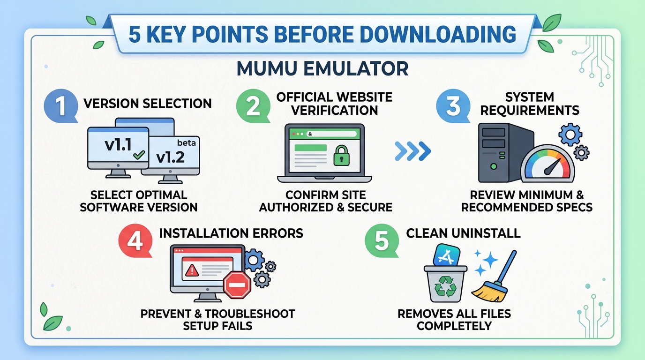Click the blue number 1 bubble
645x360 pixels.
(x=61, y=106)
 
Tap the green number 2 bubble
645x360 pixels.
(x=253, y=106)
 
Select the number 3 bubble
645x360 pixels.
(x=453, y=106)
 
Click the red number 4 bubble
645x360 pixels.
(x=135, y=241)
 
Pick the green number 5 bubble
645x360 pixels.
(x=382, y=241)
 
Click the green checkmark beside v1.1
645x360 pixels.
(x=139, y=155)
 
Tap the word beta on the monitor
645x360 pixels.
(x=186, y=142)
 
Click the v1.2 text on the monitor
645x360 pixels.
(x=170, y=157)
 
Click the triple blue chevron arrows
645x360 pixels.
(x=412, y=151)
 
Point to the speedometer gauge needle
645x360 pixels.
(x=552, y=167)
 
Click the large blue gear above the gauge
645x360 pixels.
(x=570, y=135)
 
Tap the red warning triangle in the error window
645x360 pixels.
(x=192, y=270)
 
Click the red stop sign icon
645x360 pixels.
(x=237, y=285)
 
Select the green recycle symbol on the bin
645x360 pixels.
(x=445, y=286)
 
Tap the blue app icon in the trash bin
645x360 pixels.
(x=447, y=255)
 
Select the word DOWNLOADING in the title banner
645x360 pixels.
(x=438, y=34)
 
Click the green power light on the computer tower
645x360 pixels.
(x=494, y=166)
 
